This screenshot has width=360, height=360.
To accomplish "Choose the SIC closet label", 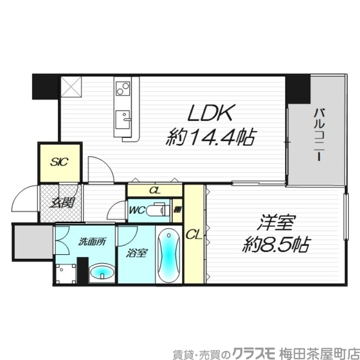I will tap(59, 162).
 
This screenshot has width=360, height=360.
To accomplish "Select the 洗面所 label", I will tap(92, 242).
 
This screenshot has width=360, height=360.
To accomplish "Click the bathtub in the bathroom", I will tap(168, 255).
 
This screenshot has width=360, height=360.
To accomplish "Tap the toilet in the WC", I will tap(157, 210).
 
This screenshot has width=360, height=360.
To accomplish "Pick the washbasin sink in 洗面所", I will tap(102, 273).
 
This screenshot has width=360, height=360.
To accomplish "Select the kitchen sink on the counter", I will tap(122, 119).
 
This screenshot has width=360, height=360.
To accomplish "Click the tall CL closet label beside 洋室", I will tap(193, 234).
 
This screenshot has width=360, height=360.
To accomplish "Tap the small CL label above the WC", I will tap(155, 190).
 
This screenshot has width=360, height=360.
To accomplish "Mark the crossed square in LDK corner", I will tap(71, 86).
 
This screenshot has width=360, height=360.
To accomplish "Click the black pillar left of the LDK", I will tap(45, 86).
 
